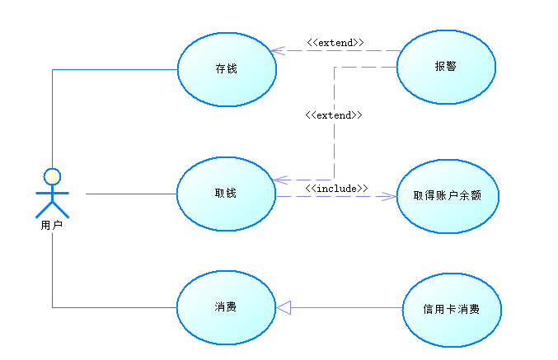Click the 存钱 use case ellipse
[x=227, y=82]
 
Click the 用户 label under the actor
[x=52, y=223]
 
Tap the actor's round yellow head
[x=52, y=175]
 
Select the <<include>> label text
[x=336, y=189]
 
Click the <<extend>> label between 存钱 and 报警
[x=335, y=42]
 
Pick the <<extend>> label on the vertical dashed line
[x=334, y=115]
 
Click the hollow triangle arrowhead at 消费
[x=284, y=307]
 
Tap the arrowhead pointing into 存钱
[x=278, y=50]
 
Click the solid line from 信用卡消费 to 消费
[x=346, y=307]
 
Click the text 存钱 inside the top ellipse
[x=227, y=69]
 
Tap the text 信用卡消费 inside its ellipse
[x=452, y=310]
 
